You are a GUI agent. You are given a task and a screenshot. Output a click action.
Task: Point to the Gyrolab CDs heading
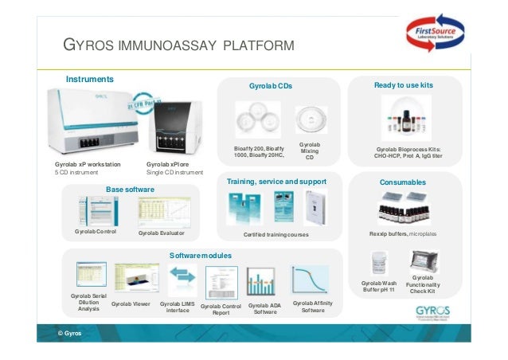pyautogui.click(x=269, y=84)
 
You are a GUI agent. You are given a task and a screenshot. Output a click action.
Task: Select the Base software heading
pyautogui.click(x=130, y=189)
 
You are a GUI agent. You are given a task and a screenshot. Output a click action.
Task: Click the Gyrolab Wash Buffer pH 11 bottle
pyautogui.click(x=379, y=263)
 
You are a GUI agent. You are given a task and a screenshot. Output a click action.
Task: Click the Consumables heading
pyautogui.click(x=403, y=182)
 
